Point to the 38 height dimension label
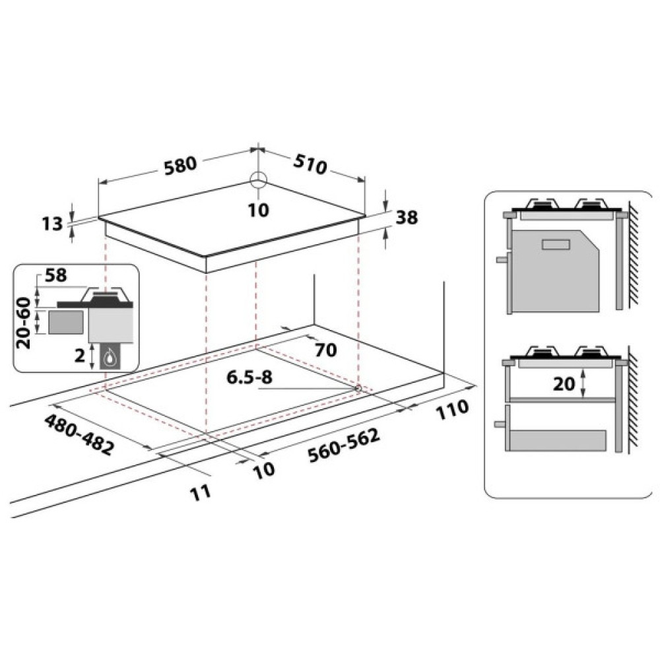(x=407, y=218)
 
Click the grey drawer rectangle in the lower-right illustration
(x=558, y=440)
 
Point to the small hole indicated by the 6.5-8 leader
(x=358, y=388)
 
